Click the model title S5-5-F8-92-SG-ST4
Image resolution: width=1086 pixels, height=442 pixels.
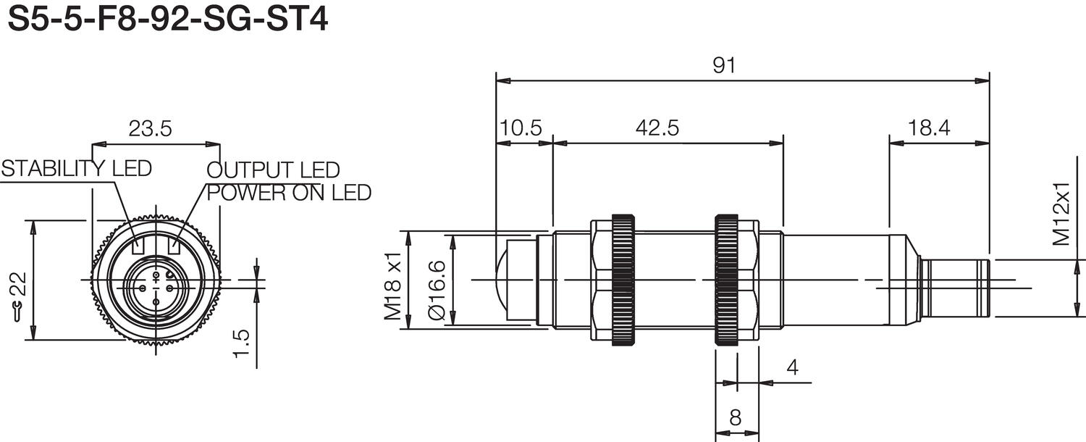[167, 20]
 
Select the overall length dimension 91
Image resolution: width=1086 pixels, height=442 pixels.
[723, 65]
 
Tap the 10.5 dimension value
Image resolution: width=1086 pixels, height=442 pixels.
[520, 128]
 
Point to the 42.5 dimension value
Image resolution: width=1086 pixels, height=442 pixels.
[657, 128]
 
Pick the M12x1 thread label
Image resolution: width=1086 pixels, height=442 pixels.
[1061, 214]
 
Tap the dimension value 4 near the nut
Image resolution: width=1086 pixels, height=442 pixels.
[792, 367]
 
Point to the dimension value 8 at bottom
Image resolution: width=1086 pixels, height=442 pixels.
[735, 417]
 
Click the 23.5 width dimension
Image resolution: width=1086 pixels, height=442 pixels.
[150, 129]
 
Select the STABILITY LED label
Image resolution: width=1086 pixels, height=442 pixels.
[77, 169]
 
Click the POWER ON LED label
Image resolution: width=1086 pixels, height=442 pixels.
[289, 193]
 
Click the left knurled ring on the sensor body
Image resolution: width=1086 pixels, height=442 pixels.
[623, 279]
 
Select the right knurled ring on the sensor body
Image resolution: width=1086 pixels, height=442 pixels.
[726, 279]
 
